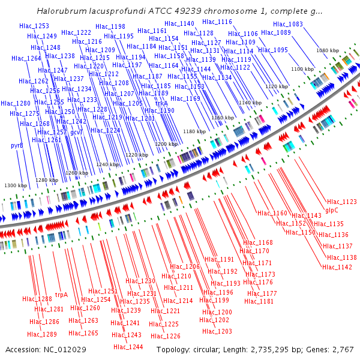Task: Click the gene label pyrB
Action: coord(17,145)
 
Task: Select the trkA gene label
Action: coord(161,103)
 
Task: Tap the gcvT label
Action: coord(76,132)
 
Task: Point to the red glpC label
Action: coord(332,210)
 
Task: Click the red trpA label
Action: coord(61,295)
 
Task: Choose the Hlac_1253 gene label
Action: coord(34,26)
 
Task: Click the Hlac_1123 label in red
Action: coord(342,202)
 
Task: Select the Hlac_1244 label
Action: coord(128,347)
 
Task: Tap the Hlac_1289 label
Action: coord(42,334)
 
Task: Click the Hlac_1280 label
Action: coord(15,103)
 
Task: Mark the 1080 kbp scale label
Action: coord(327,51)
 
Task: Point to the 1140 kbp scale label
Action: coord(250,103)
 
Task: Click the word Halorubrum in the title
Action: coord(61,11)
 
